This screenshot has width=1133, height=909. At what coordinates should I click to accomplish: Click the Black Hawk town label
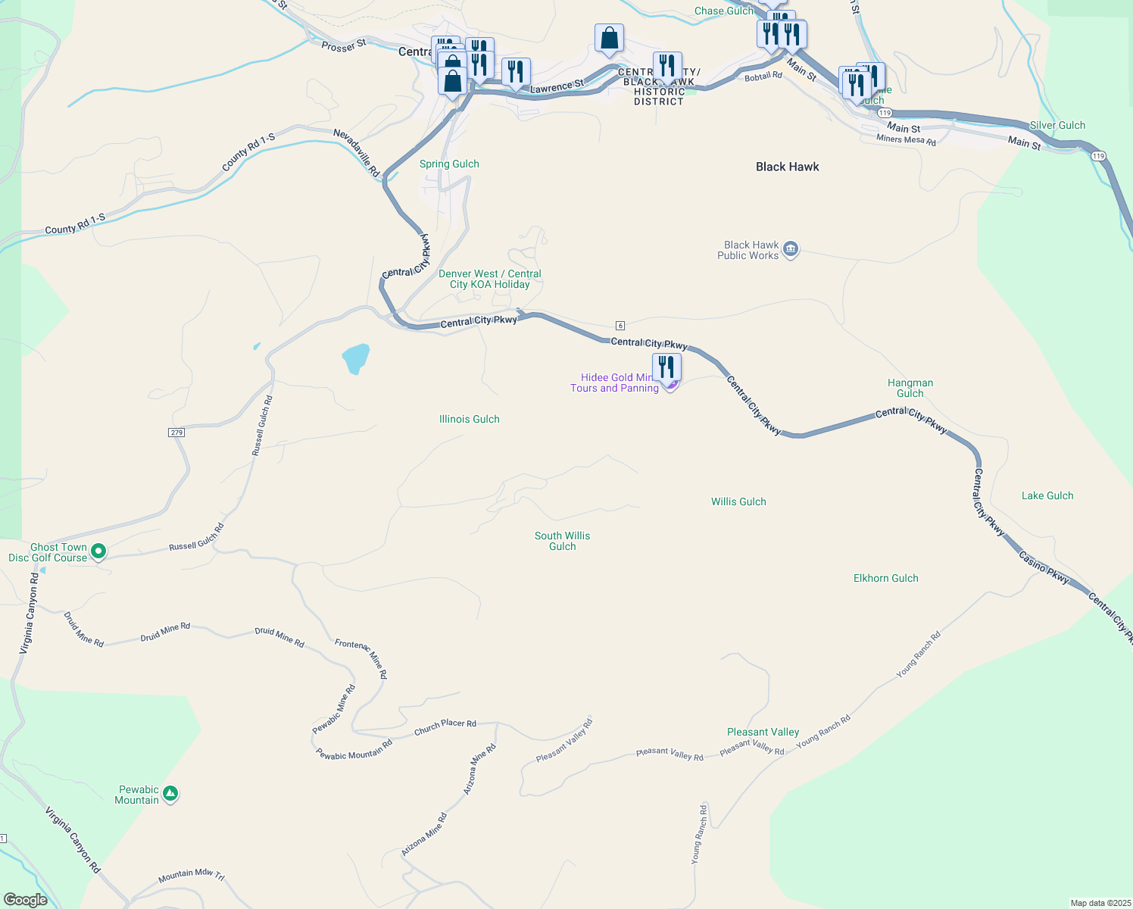point(787,167)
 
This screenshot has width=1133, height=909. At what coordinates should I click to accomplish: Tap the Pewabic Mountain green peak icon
point(170,794)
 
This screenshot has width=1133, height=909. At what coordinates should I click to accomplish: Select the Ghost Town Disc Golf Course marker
point(98,551)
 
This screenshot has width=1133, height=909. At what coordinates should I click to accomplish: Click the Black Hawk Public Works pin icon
point(790,249)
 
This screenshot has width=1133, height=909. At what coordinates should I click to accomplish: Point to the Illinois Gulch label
point(469,419)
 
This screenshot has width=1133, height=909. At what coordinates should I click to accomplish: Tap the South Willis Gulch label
point(562,541)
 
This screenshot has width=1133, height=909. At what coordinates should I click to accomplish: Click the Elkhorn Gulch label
point(885,578)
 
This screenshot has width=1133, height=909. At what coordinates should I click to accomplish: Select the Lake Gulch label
point(1047,495)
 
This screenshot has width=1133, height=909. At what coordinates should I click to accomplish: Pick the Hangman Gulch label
point(910,388)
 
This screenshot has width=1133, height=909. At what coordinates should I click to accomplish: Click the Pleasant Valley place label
point(763,732)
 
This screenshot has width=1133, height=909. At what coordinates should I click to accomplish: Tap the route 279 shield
point(176,433)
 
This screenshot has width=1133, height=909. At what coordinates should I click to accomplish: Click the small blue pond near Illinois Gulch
point(355,358)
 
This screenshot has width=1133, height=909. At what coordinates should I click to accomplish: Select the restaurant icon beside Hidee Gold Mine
point(666,367)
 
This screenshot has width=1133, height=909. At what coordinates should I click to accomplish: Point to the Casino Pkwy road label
point(1044,567)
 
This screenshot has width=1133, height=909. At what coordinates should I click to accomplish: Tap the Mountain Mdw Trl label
point(191,876)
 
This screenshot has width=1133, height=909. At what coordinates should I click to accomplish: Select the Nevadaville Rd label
point(357,153)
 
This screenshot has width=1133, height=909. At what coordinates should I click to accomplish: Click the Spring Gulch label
point(449,164)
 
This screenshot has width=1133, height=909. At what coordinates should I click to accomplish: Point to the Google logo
point(26,900)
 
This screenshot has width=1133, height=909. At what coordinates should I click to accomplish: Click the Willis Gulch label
point(738,501)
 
